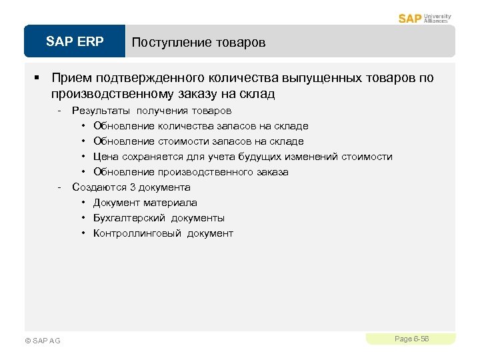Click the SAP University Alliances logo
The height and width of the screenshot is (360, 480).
425,18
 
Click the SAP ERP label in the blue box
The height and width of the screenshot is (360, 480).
75,42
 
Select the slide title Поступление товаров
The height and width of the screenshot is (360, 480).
198,43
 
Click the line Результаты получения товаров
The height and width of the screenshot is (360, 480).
151,111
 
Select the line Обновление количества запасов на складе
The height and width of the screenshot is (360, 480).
201,126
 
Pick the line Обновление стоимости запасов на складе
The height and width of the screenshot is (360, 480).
198,141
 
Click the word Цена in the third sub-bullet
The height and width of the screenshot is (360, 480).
106,157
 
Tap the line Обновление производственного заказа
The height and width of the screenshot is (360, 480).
191,172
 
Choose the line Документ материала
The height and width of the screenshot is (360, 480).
145,203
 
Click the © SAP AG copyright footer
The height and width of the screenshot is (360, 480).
42,341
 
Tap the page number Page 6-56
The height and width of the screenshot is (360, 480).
411,339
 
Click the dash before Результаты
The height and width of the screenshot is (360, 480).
60,111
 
